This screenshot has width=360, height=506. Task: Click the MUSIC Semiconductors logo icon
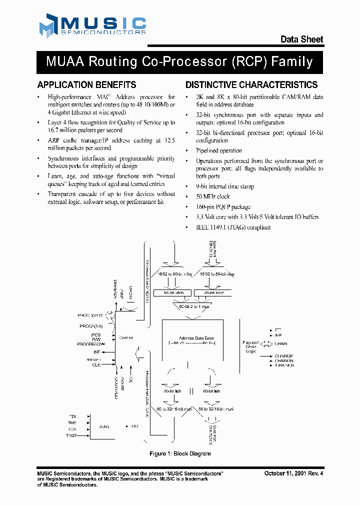pos(48,26)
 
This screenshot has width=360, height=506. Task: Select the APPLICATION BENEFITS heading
pos(86,85)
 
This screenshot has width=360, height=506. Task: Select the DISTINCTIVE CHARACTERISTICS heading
pos(251,85)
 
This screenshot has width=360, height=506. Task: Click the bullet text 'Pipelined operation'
pos(218,150)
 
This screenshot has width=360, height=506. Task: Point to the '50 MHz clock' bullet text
pos(212,196)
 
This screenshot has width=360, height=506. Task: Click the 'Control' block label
pos(126,338)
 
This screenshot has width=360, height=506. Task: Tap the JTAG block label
pos(104,426)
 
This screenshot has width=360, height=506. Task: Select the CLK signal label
pos(96,365)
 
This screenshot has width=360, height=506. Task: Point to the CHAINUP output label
pos(284,355)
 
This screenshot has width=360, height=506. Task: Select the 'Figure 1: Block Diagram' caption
pos(180,453)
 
